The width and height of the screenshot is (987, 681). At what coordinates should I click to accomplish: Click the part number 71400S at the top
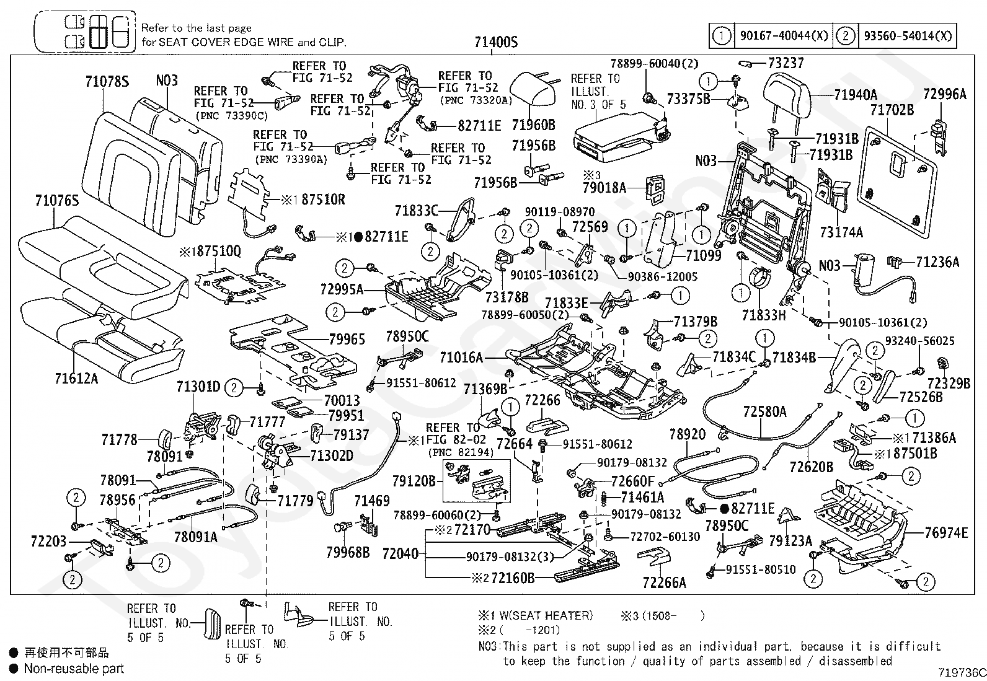click(496, 42)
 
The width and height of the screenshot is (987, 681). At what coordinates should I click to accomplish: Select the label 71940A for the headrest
click(856, 95)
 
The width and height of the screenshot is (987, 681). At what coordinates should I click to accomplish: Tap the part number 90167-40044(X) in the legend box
click(784, 36)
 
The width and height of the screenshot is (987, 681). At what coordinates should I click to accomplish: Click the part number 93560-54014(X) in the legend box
click(908, 36)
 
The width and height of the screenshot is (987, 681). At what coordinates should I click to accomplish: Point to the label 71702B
click(892, 110)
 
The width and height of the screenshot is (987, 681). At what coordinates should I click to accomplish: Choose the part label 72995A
click(342, 289)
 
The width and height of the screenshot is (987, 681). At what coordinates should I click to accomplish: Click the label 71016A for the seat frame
click(461, 358)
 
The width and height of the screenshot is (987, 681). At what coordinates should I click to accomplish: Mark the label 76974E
click(947, 532)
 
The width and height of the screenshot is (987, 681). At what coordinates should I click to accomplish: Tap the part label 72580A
click(764, 412)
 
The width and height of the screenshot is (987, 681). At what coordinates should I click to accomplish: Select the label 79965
click(347, 339)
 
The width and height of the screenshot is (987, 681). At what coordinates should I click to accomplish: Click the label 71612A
click(76, 379)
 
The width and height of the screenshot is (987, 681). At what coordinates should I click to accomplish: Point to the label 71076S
click(57, 201)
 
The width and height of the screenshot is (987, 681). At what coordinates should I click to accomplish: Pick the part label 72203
click(48, 541)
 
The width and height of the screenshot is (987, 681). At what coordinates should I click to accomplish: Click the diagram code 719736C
click(962, 672)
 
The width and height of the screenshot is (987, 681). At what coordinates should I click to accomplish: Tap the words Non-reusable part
click(74, 669)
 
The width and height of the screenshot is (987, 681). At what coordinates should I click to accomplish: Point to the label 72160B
click(513, 578)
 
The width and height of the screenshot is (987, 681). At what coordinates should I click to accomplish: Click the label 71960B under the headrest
click(534, 125)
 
